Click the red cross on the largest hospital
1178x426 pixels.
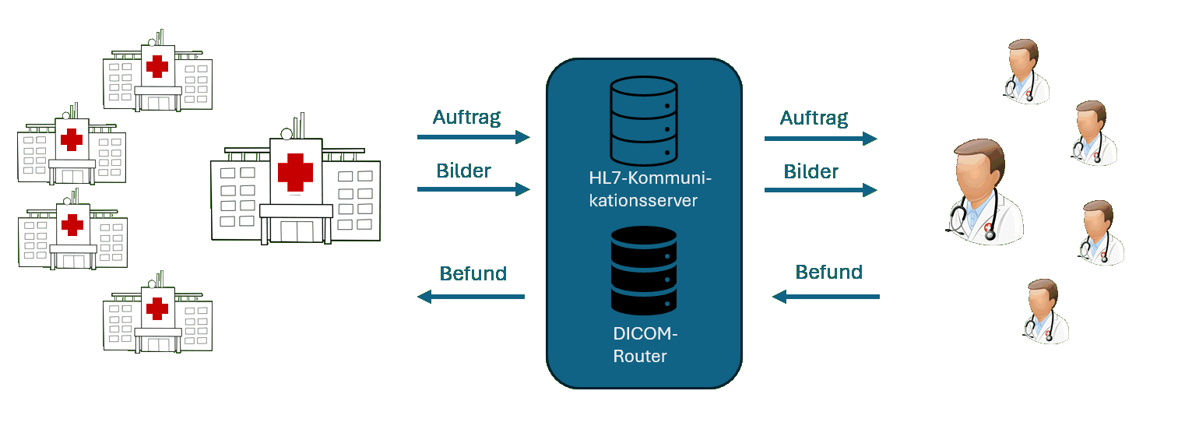[x=295, y=171]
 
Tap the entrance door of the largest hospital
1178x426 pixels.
[x=296, y=231]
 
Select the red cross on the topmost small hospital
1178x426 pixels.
[x=157, y=67]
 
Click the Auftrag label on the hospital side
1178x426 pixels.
[x=466, y=118]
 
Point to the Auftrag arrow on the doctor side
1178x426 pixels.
[x=820, y=139]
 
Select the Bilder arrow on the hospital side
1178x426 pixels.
[x=473, y=188]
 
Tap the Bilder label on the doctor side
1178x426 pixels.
[x=811, y=171]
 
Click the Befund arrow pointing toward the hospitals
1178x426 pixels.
[x=471, y=297]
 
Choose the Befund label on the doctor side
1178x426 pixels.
[x=828, y=272]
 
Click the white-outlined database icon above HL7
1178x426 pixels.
[x=643, y=121]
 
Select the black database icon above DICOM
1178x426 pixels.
[x=643, y=270]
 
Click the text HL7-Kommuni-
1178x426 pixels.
[x=651, y=179]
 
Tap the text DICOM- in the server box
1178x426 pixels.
[x=645, y=335]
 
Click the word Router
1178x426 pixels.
[x=640, y=357]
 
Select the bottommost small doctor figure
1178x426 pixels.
[x=1046, y=312]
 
